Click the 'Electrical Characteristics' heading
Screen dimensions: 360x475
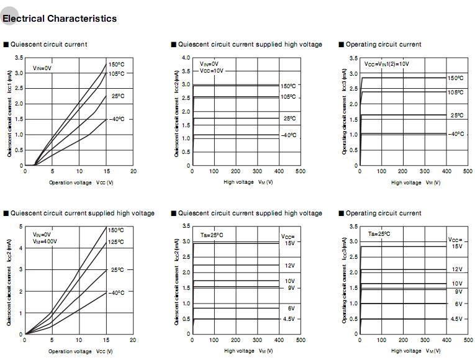click(x=60, y=19)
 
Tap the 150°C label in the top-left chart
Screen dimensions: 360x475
click(x=116, y=65)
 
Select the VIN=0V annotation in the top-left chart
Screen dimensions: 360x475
click(x=42, y=68)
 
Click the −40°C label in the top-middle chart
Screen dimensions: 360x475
click(x=288, y=135)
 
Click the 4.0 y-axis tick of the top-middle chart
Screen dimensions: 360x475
click(x=186, y=58)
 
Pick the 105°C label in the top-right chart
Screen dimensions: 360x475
click(x=455, y=92)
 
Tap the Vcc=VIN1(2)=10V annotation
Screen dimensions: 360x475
click(x=386, y=64)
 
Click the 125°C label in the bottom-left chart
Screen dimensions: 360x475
click(x=116, y=241)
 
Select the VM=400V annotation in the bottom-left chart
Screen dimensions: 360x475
click(x=45, y=241)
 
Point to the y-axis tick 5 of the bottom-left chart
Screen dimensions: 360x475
click(x=22, y=227)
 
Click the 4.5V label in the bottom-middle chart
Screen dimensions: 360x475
click(x=289, y=319)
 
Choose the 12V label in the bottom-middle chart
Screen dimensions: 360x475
click(x=289, y=265)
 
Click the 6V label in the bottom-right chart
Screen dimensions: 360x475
click(x=458, y=304)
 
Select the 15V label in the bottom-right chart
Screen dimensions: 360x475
click(x=456, y=246)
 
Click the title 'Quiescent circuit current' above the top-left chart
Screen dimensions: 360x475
click(x=49, y=44)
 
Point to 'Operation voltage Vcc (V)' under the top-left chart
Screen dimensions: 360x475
click(x=81, y=182)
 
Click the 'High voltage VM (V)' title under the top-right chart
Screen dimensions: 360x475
click(x=415, y=182)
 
